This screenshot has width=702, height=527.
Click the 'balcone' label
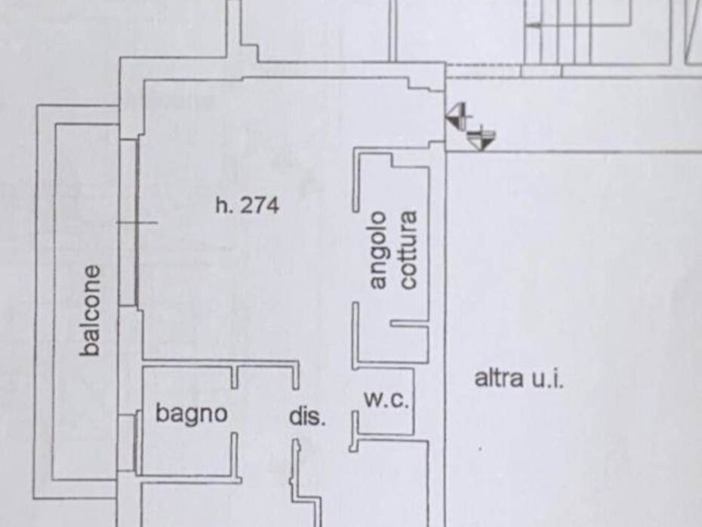click(91, 310)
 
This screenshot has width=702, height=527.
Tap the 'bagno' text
click(192, 413)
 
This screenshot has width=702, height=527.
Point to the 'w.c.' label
click(386, 399)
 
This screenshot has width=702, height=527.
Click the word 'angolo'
click(378, 250)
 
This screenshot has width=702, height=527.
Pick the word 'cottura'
click(407, 250)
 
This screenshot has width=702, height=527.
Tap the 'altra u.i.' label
click(519, 378)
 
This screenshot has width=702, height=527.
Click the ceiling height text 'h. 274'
click(247, 205)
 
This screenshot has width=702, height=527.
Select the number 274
click(259, 205)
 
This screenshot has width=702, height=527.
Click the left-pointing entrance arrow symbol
click(456, 116)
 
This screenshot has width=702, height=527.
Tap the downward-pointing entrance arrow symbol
click(480, 139)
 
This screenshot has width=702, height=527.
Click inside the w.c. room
click(386, 419)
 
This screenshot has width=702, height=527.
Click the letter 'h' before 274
click(221, 205)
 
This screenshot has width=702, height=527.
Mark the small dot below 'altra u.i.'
click(480, 448)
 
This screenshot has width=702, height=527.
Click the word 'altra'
click(498, 378)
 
